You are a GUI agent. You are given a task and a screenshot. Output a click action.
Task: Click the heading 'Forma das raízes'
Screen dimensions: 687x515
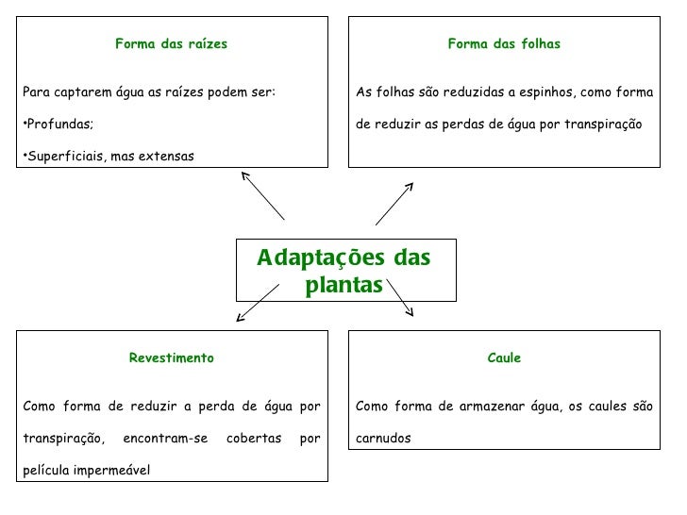(171, 43)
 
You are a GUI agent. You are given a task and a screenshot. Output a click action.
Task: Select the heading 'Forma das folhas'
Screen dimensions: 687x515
(503, 43)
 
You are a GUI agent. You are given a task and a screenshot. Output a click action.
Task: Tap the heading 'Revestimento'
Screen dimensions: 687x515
(171, 357)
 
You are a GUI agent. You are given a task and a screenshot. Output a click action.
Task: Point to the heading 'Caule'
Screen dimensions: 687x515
(504, 357)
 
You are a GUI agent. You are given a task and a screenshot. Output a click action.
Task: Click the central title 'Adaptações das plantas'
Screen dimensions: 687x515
(344, 272)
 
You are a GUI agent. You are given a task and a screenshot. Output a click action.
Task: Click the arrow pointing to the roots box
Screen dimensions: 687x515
(262, 194)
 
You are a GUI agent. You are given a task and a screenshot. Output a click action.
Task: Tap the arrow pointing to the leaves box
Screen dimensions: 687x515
(394, 203)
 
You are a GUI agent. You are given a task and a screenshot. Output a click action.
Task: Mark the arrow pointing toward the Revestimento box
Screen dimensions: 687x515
(257, 301)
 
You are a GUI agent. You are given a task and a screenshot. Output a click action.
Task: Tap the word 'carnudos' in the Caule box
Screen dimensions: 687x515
(383, 438)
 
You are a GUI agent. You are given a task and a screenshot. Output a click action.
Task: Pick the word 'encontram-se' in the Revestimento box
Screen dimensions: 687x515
(165, 438)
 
